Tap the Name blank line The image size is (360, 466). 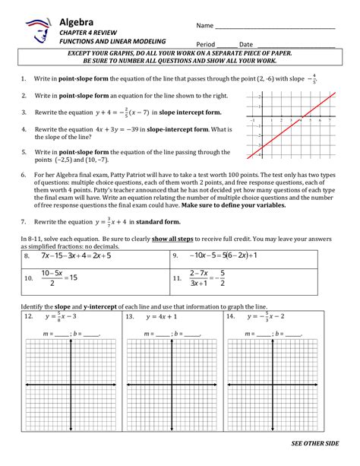click(x=274, y=27)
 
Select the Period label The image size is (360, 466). click(x=207, y=44)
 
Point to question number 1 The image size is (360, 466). click(x=24, y=79)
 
